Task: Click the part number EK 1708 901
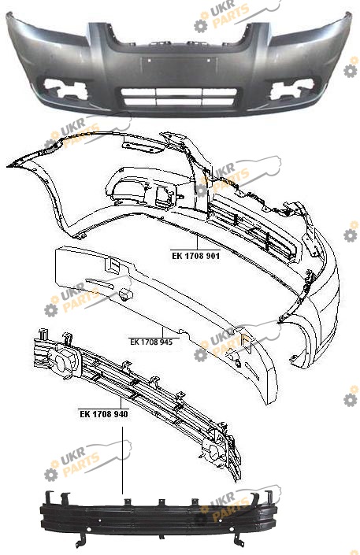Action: (195, 256)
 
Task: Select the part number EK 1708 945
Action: (151, 342)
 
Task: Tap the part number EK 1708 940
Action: (104, 414)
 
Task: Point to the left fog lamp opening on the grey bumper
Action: (64, 88)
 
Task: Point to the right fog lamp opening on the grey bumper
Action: (291, 89)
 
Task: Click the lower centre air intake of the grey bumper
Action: (179, 97)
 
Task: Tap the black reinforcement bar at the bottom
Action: (158, 517)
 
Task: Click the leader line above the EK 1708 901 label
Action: (197, 242)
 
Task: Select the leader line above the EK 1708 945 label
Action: (163, 332)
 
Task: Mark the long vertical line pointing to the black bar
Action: (123, 461)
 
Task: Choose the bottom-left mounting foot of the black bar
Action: (80, 541)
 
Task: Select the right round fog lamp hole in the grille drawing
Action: (213, 453)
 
